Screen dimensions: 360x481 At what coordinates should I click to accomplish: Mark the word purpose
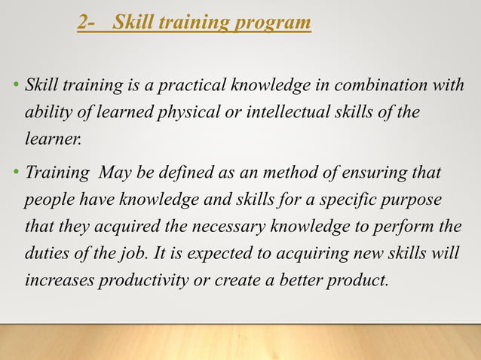coord(407,201)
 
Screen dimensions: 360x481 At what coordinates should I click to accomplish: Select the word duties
coord(47,254)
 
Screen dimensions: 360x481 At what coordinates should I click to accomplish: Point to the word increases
coord(60,280)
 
